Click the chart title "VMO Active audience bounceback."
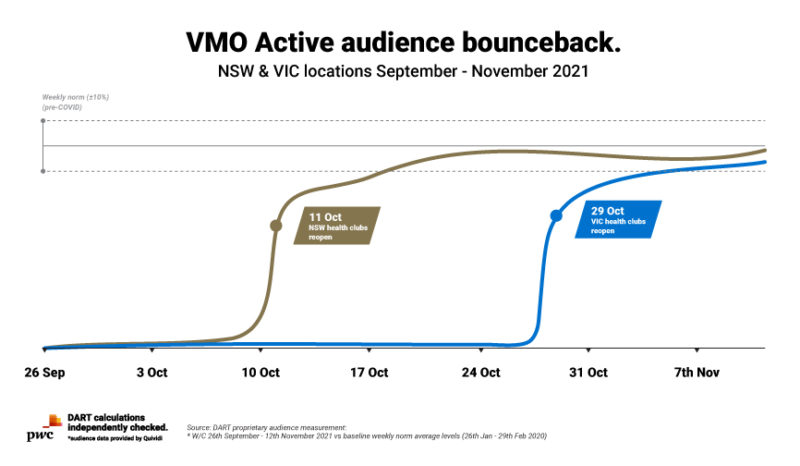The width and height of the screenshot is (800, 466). (399, 41)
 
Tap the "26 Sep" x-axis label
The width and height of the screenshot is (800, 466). (44, 374)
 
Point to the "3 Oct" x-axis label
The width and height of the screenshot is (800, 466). (151, 374)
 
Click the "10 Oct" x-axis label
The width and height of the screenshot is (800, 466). (260, 374)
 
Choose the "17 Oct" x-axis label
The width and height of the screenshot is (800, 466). (370, 374)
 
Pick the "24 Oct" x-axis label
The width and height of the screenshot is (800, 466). (480, 374)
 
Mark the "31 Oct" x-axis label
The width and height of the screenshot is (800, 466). (588, 374)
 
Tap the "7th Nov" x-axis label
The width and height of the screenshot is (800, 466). (697, 374)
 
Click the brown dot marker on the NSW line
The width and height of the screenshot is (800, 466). (276, 226)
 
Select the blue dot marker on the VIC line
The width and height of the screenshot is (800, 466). (556, 215)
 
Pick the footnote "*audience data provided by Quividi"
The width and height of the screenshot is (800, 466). (117, 439)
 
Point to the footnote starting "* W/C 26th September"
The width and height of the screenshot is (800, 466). (366, 437)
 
